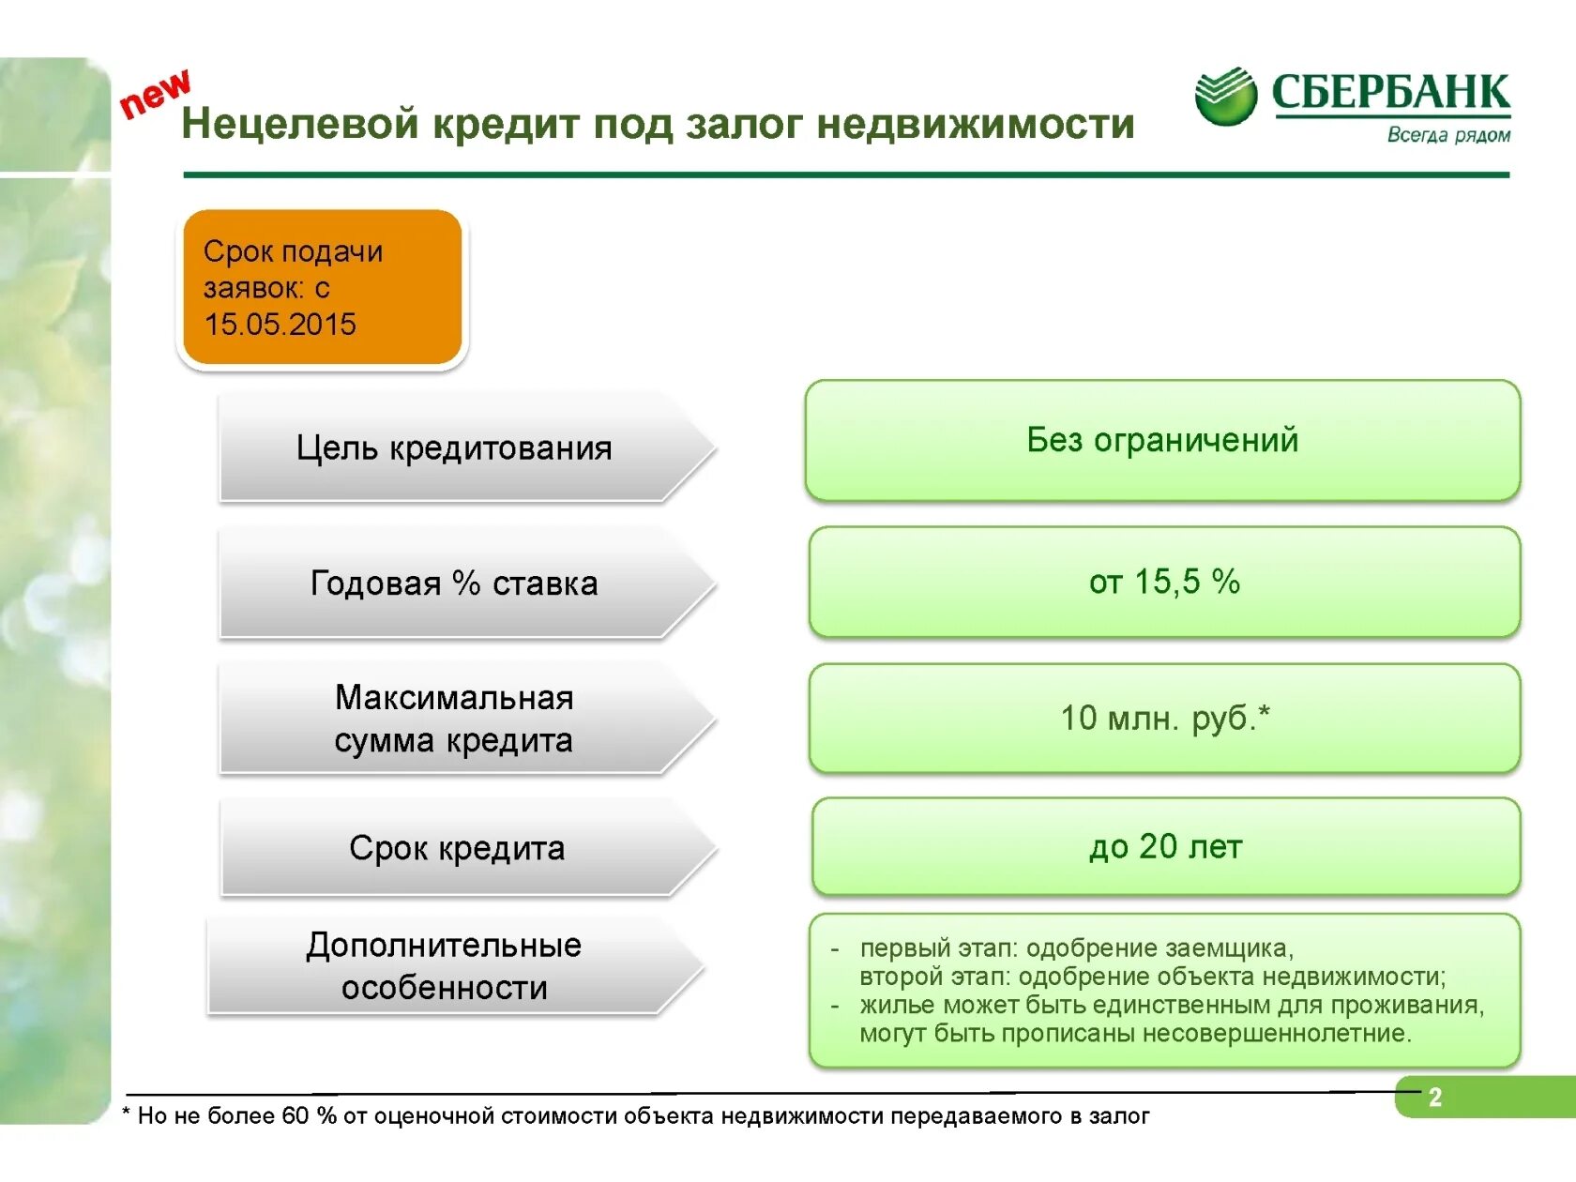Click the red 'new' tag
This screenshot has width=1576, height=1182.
point(156,94)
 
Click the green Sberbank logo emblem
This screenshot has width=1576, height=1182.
point(1225,96)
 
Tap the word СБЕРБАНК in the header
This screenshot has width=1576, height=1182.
point(1390,92)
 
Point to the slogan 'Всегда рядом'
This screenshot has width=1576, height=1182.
point(1448,135)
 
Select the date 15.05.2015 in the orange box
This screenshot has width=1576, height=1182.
point(280,325)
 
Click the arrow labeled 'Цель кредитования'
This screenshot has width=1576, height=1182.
point(454,448)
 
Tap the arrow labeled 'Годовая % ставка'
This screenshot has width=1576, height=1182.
point(454,583)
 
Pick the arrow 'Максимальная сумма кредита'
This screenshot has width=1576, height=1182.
point(454,719)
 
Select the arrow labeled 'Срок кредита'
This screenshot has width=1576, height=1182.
point(457,848)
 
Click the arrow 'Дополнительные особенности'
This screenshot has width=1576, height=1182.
point(444,966)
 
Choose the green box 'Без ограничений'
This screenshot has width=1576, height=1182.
point(1161,440)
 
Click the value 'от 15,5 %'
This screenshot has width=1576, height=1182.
point(1164,582)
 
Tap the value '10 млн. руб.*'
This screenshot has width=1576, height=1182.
point(1164,718)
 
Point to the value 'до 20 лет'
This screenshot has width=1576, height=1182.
point(1165,846)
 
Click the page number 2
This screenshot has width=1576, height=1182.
point(1434,1097)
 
